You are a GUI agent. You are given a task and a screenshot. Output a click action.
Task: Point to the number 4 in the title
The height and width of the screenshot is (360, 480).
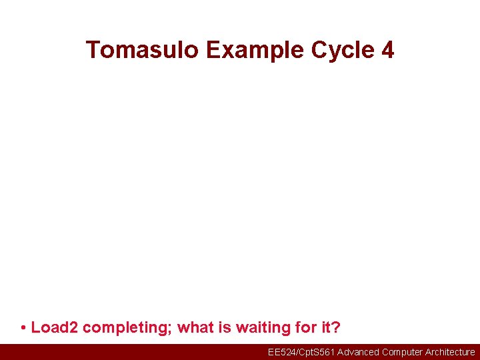(387, 50)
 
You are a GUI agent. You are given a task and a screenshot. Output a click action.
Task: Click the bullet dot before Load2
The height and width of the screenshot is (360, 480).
(23, 328)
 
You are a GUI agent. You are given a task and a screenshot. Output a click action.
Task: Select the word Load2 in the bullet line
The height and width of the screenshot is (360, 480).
(55, 328)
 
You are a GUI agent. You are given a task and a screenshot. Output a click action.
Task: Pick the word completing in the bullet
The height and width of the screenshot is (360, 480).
(127, 328)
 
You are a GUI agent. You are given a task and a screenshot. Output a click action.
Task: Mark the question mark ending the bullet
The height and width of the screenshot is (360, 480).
(336, 328)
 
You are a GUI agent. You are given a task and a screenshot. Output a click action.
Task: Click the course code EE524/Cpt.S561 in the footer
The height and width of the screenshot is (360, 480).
(301, 352)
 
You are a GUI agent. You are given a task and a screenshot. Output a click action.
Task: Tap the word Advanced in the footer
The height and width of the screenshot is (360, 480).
(358, 352)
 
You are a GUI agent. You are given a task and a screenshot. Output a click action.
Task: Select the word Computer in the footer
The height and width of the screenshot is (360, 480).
(403, 352)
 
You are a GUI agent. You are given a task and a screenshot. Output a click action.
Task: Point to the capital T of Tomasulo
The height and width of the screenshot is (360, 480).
(93, 50)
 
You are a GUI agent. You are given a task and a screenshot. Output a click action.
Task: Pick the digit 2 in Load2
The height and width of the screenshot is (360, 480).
(74, 328)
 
